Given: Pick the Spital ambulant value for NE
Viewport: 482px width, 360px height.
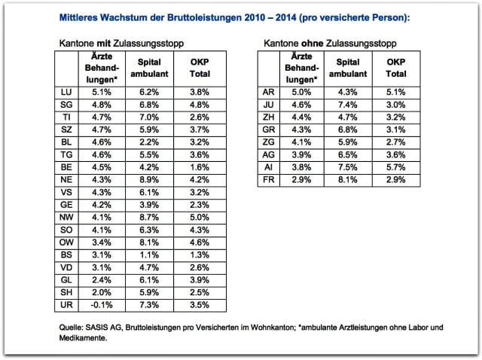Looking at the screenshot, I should [x=148, y=181].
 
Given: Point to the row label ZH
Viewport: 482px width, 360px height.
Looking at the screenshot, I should [x=268, y=118].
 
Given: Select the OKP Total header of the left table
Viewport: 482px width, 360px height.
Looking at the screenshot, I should [x=200, y=68].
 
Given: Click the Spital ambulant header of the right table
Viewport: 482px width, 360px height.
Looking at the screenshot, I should [x=349, y=68].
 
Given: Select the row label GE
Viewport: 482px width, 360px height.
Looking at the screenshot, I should [x=66, y=206].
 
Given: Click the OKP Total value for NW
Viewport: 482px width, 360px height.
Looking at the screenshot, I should [x=200, y=218].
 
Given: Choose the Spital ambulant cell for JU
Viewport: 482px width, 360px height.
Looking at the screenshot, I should [x=349, y=105].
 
